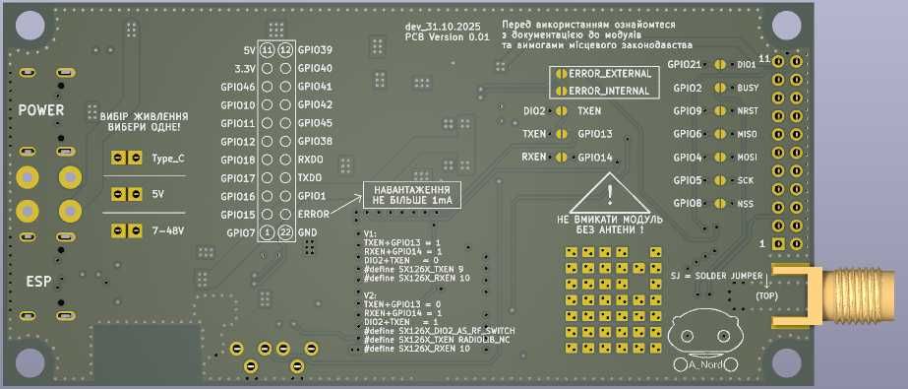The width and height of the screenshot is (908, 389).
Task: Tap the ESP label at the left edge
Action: click(x=40, y=282)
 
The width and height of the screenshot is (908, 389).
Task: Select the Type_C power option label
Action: click(x=168, y=158)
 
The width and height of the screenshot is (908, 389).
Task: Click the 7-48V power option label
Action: click(x=168, y=230)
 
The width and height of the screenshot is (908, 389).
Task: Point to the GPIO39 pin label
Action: click(x=315, y=49)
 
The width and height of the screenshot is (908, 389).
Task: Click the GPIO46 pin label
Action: click(x=239, y=87)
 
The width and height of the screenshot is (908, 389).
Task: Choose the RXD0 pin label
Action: click(x=310, y=159)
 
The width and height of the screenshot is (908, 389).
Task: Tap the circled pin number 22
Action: click(x=285, y=232)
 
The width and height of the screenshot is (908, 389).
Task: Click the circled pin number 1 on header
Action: click(x=267, y=232)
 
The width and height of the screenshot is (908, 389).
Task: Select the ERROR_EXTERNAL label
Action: click(x=609, y=75)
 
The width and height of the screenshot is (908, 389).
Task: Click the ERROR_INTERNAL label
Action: click(x=609, y=91)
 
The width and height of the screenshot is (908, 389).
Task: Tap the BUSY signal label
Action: click(x=747, y=89)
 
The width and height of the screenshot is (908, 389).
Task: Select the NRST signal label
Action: click(x=747, y=111)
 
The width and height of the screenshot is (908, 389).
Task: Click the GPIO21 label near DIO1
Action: click(x=685, y=65)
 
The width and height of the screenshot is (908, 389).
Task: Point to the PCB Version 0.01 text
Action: click(x=447, y=36)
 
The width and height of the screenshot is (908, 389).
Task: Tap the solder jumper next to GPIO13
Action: click(x=562, y=133)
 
